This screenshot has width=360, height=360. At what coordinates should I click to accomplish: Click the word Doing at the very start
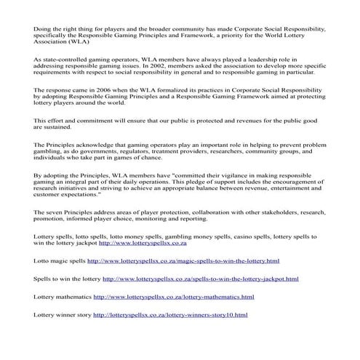point(42,28)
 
